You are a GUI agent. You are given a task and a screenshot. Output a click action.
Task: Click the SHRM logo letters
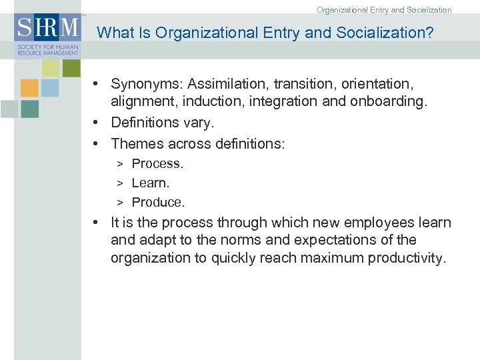tap(47, 28)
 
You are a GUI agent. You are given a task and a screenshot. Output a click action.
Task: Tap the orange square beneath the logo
tap(29, 88)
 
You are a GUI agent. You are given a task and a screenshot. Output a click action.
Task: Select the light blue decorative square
tap(50, 88)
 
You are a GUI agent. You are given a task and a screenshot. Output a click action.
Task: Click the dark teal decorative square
tap(29, 109)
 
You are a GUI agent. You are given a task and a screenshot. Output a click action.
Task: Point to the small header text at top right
tap(384, 10)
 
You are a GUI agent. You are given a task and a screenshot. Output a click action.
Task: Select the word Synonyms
tap(147, 84)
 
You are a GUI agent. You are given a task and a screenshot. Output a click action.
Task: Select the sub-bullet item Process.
tap(157, 163)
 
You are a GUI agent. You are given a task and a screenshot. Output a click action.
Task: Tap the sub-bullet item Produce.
tap(158, 202)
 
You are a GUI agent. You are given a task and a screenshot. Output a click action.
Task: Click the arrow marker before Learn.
tap(121, 183)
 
